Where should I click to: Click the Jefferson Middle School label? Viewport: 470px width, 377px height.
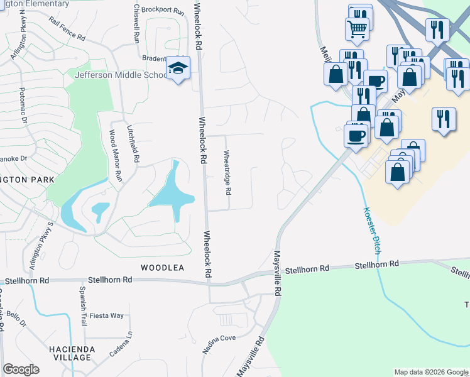click(x=119, y=75)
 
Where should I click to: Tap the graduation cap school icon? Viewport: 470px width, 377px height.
click(x=177, y=68)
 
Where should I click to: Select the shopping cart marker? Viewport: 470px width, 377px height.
click(x=356, y=28)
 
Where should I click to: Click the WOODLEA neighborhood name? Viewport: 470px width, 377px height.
click(x=162, y=268)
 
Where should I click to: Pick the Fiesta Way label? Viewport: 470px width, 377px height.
click(x=107, y=315)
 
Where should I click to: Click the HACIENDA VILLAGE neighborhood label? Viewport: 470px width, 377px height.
click(x=72, y=353)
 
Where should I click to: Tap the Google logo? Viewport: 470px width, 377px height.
click(x=21, y=369)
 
